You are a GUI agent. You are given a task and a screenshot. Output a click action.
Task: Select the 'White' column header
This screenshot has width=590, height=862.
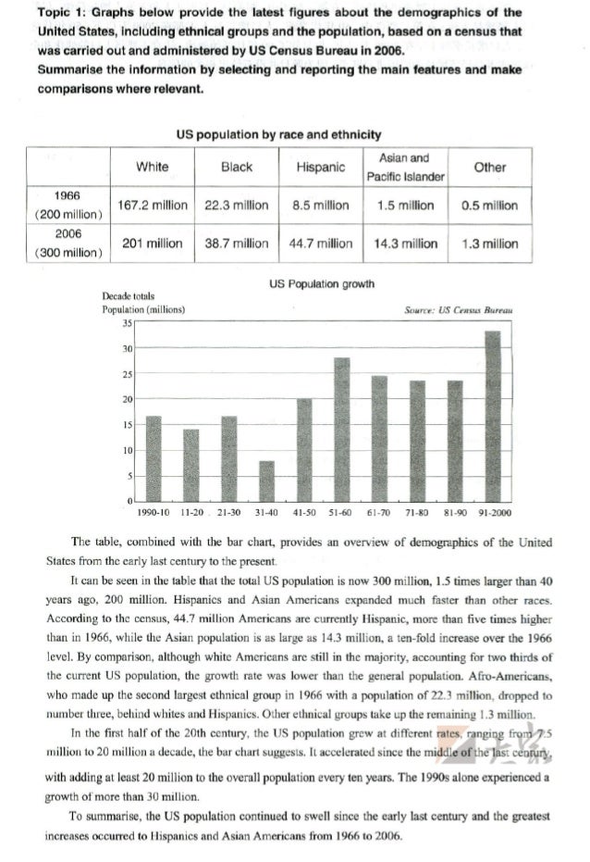pyautogui.click(x=153, y=168)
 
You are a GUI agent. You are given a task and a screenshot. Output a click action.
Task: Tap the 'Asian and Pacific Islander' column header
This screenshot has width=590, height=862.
pyautogui.click(x=406, y=168)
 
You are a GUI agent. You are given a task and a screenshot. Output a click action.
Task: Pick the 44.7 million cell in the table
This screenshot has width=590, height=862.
pyautogui.click(x=321, y=244)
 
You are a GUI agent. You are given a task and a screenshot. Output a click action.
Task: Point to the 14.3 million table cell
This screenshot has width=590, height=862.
pyautogui.click(x=406, y=244)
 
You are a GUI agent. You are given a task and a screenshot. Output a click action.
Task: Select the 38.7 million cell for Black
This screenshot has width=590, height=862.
pyautogui.click(x=237, y=244)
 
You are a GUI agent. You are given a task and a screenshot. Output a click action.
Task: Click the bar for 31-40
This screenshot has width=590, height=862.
pyautogui.click(x=267, y=480)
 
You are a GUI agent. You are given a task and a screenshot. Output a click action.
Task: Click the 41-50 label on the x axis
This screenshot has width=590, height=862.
pyautogui.click(x=304, y=511)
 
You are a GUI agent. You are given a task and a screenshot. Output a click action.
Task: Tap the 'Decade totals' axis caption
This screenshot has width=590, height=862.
pyautogui.click(x=128, y=296)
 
